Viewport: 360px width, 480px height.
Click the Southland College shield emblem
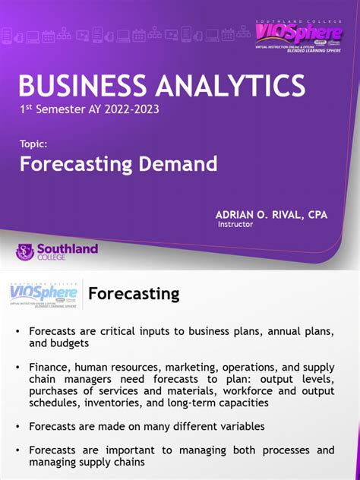(x=25, y=252)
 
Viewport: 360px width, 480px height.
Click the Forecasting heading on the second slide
(x=134, y=293)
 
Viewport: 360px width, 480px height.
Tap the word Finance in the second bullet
(x=49, y=367)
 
